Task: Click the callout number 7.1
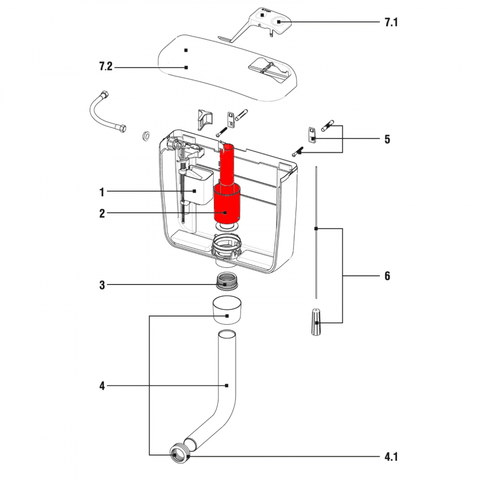pos(391,22)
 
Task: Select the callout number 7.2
pos(105,68)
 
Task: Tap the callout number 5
pos(387,139)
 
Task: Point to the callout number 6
pos(387,276)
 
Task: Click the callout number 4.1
pos(391,456)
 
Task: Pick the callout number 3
pos(102,285)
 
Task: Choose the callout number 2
pos(102,214)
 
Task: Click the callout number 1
pos(102,192)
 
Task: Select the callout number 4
pos(102,386)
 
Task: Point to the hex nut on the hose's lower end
pos(123,129)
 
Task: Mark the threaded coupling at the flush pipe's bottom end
pos(179,451)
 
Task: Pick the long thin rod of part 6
pos(316,230)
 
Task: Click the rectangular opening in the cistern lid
pos(268,68)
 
